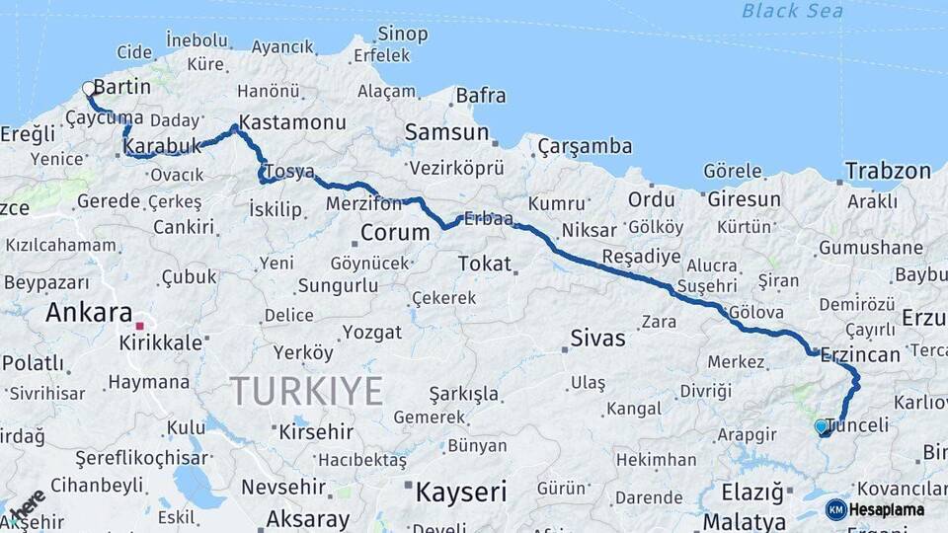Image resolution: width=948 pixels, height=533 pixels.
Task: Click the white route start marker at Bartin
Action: [x=89, y=88]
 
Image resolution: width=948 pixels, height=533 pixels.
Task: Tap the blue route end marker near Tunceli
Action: [x=822, y=426]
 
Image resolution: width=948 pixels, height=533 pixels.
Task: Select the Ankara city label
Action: [x=89, y=313]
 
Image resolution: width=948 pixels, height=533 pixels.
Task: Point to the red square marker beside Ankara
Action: [x=140, y=325]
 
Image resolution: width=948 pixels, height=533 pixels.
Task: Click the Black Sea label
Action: [x=793, y=11]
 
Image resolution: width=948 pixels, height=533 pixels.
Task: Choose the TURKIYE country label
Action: [x=306, y=392]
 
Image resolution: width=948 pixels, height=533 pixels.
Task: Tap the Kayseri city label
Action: [x=460, y=492]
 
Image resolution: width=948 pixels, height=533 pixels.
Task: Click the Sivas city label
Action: [x=597, y=339]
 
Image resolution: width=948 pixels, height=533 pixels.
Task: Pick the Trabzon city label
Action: [x=887, y=171]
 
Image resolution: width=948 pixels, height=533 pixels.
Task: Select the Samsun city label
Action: [x=446, y=132]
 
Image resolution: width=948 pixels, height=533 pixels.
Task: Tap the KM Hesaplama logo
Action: [x=875, y=509]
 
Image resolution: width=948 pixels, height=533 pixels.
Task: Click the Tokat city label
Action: [x=485, y=264]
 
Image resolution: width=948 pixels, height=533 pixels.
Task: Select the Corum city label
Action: [x=395, y=233]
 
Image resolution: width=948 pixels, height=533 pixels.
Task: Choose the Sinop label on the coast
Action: [x=402, y=35]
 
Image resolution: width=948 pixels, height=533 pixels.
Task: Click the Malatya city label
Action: [x=744, y=521]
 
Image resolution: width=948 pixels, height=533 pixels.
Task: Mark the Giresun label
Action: [x=743, y=199]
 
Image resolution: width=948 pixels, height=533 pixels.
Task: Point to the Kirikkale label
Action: [x=160, y=343]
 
